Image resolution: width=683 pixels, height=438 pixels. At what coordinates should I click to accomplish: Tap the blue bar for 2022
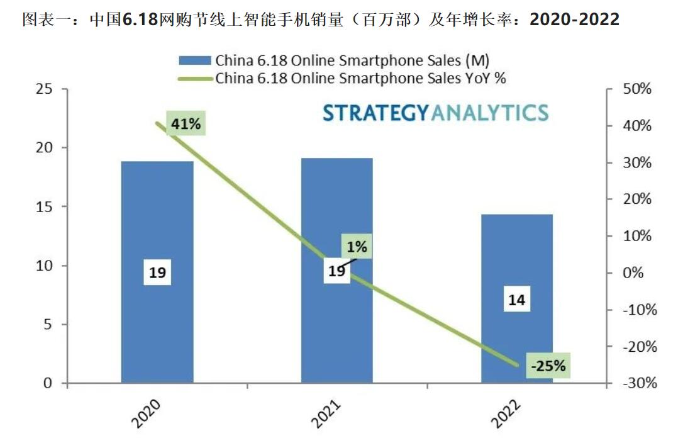[x=517, y=340]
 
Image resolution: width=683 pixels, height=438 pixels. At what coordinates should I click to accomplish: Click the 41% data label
[x=186, y=124]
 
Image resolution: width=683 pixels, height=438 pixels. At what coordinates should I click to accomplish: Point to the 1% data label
[x=357, y=246]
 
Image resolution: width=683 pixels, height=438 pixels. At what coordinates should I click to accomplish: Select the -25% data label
[x=548, y=365]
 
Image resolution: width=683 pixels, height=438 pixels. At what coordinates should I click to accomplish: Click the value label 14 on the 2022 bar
[x=517, y=301]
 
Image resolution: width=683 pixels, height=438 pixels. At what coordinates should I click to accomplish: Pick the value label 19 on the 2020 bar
[x=157, y=272]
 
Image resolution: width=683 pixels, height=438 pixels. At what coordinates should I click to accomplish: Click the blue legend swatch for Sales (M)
[x=195, y=60]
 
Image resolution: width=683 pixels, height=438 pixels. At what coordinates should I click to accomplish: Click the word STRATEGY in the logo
[x=375, y=113]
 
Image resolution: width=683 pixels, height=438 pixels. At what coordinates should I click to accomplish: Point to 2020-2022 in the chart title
[x=574, y=20]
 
